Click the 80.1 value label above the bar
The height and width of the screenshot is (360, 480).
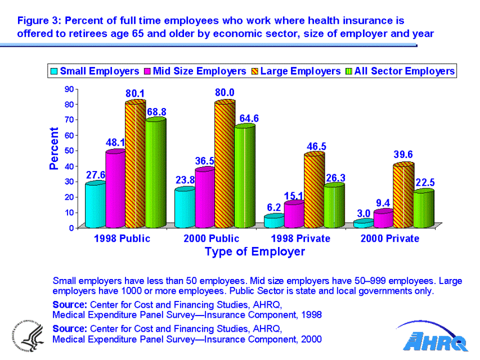click(x=135, y=93)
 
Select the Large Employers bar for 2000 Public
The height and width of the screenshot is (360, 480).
click(x=225, y=163)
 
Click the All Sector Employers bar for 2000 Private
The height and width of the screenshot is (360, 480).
click(x=424, y=209)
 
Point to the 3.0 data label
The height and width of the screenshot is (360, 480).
click(x=364, y=213)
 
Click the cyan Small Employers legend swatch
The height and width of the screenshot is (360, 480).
click(x=54, y=71)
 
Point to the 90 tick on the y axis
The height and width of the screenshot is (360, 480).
click(x=70, y=88)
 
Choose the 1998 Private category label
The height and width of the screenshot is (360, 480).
click(x=300, y=238)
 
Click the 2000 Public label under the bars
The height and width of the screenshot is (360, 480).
click(x=212, y=238)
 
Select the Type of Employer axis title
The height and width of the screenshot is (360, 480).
click(x=255, y=251)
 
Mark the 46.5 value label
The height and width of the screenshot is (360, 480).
click(x=316, y=146)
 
